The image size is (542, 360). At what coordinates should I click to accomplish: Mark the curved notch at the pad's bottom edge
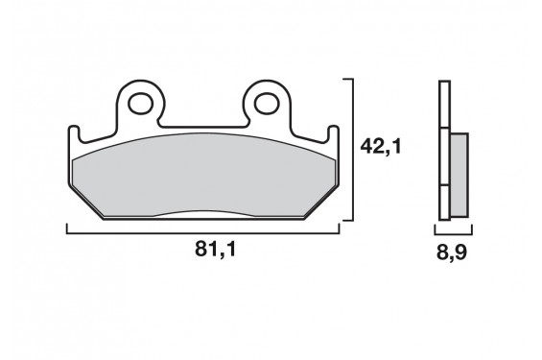(x=203, y=213)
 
